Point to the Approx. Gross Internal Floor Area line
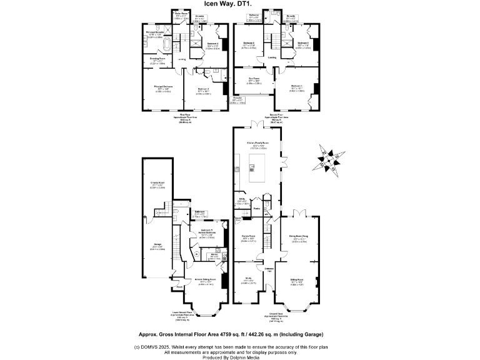pos(239,335)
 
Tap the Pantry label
pos(256,208)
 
